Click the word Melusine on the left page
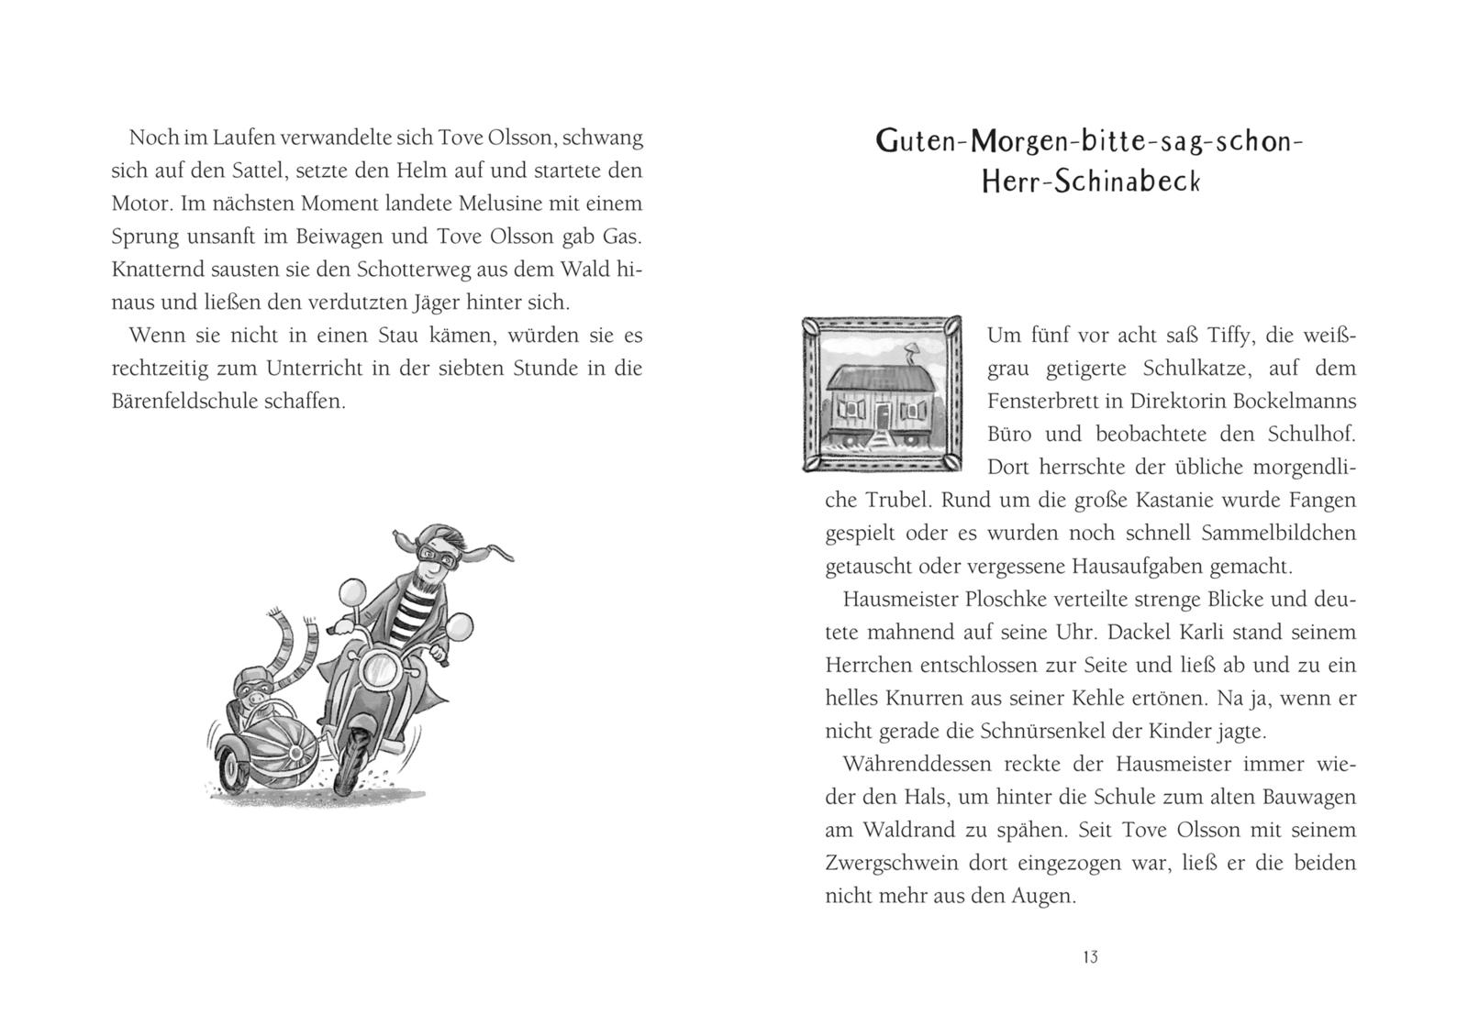506,204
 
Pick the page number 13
1090,957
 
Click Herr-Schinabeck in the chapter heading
1090,182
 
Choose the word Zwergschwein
899,864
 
